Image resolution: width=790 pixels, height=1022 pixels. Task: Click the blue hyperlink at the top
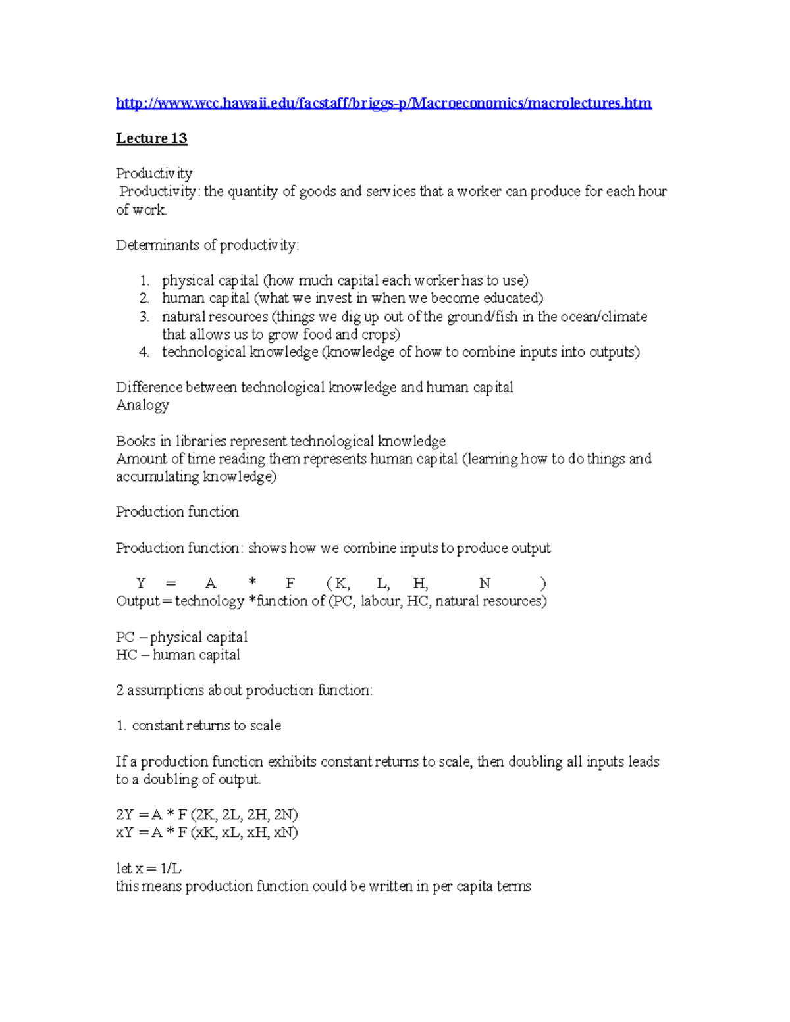383,103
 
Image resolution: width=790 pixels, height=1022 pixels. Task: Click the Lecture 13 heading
151,138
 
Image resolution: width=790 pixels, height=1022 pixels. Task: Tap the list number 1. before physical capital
144,281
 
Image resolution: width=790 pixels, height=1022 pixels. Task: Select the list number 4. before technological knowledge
144,352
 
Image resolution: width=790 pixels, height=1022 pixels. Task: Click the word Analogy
142,405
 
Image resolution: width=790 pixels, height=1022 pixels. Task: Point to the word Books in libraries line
135,441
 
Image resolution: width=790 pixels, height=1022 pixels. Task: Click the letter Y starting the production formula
141,583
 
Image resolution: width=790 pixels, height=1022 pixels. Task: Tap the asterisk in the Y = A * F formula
252,583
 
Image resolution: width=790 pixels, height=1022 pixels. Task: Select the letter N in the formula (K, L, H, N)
485,583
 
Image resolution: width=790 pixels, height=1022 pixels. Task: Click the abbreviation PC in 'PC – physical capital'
125,637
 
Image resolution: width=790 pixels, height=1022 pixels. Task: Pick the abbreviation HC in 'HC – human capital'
126,655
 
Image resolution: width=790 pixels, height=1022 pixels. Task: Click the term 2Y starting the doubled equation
124,815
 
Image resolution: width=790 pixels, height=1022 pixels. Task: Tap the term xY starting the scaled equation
124,832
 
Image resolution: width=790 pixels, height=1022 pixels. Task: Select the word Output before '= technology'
138,601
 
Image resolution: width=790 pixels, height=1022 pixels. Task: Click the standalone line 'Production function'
177,512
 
